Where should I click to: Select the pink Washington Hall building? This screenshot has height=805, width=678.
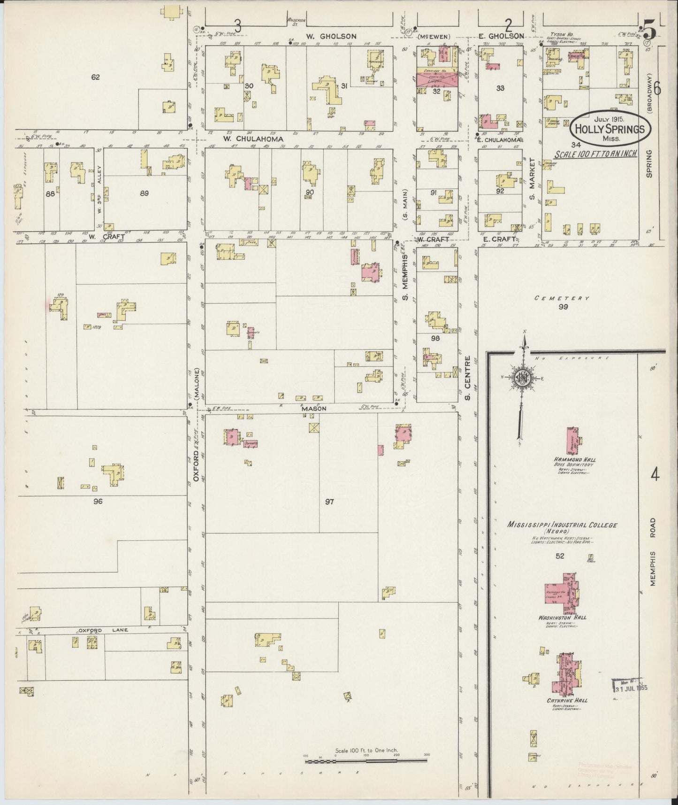pyautogui.click(x=560, y=593)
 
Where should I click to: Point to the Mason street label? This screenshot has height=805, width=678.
pyautogui.click(x=313, y=409)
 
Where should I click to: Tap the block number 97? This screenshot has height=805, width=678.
pyautogui.click(x=329, y=502)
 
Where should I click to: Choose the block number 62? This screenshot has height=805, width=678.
pyautogui.click(x=96, y=77)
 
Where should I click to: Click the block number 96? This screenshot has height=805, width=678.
pyautogui.click(x=98, y=501)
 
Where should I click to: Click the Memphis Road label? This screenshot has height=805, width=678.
pyautogui.click(x=655, y=552)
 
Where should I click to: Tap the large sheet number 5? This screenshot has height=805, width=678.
pyautogui.click(x=650, y=31)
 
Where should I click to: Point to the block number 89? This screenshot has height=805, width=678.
pyautogui.click(x=145, y=193)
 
